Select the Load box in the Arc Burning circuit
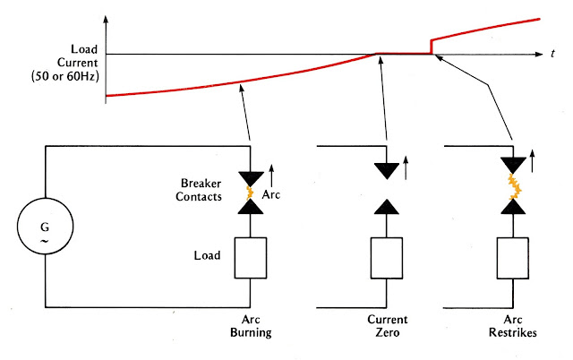point(251,258)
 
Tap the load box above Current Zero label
point(388,258)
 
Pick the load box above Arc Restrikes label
point(513,258)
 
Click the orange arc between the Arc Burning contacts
point(251,192)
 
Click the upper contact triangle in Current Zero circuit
point(388,170)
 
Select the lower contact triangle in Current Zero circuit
point(388,209)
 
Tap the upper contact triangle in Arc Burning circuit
point(251,177)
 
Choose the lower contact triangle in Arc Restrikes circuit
point(513,208)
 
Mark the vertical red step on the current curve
point(432,46)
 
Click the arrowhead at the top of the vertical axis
point(106,18)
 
